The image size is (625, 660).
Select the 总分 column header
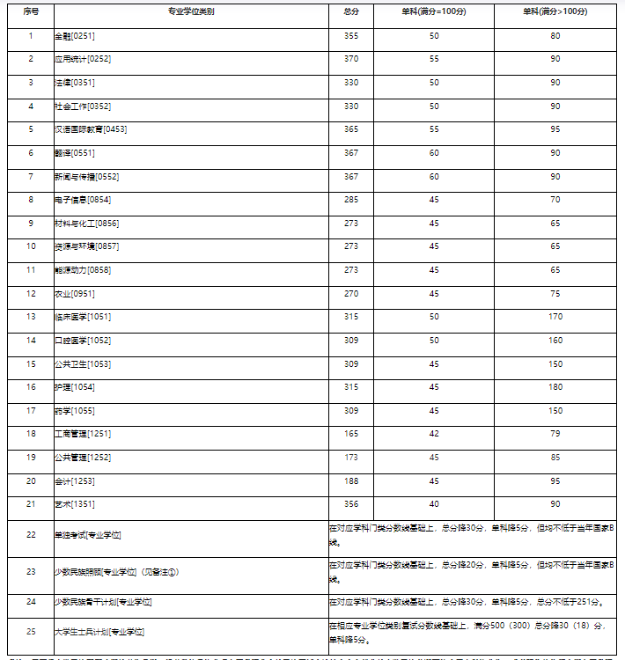point(351,12)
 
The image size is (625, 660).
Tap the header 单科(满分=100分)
point(434,12)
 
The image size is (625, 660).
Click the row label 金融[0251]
point(75,35)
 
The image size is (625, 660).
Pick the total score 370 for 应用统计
point(351,59)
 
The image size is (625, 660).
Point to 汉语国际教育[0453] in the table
point(91,129)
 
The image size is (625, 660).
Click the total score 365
point(351,129)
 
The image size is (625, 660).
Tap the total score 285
point(351,200)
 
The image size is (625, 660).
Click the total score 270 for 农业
point(351,293)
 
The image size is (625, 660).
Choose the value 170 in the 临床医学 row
point(555,317)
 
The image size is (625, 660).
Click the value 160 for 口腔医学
point(555,340)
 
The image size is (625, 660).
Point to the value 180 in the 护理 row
point(555,387)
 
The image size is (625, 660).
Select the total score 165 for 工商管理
point(351,434)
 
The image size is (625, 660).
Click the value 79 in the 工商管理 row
point(555,434)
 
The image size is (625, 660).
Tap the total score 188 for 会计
point(351,480)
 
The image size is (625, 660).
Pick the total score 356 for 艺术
point(351,504)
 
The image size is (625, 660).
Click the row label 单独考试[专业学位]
point(87,534)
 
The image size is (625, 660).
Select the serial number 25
point(31,631)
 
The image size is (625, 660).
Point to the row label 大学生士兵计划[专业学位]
point(99,631)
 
